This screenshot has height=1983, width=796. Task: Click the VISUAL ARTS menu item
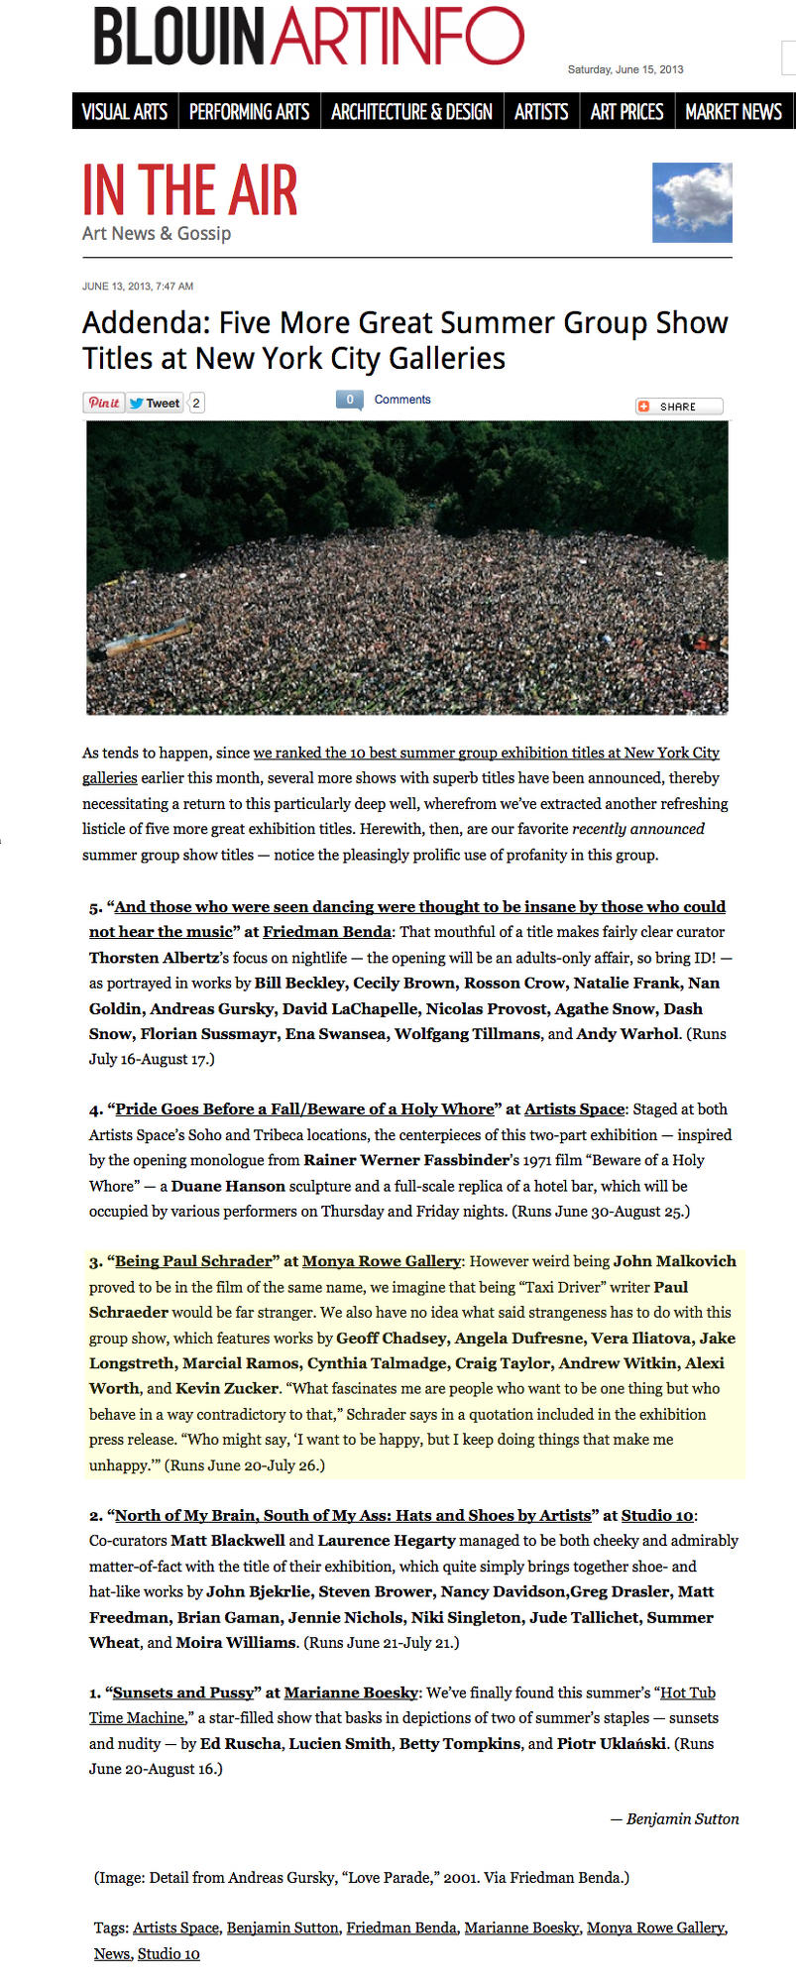pyautogui.click(x=124, y=112)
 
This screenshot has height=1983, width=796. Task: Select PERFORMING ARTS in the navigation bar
pyautogui.click(x=249, y=112)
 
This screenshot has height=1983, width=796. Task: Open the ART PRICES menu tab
pyautogui.click(x=626, y=112)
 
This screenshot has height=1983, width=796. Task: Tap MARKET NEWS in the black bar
pyautogui.click(x=734, y=112)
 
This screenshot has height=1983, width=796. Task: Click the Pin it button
pyautogui.click(x=103, y=403)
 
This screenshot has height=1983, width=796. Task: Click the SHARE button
pyautogui.click(x=679, y=407)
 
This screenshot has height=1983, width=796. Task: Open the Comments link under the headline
pyautogui.click(x=402, y=400)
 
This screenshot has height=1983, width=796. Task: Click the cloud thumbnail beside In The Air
pyautogui.click(x=692, y=202)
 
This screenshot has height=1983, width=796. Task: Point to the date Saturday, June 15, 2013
pyautogui.click(x=625, y=69)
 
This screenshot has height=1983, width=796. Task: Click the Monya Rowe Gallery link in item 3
pyautogui.click(x=382, y=1261)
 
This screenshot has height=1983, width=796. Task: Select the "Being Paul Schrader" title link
pyautogui.click(x=193, y=1261)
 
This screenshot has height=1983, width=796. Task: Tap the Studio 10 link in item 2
pyautogui.click(x=657, y=1515)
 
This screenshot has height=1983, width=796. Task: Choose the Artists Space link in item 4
pyautogui.click(x=574, y=1108)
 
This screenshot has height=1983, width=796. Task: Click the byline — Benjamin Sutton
pyautogui.click(x=675, y=1818)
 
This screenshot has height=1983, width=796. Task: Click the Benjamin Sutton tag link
pyautogui.click(x=283, y=1927)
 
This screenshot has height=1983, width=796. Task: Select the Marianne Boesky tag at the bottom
pyautogui.click(x=521, y=1927)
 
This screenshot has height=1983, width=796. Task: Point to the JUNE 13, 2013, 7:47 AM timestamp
pyautogui.click(x=138, y=287)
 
